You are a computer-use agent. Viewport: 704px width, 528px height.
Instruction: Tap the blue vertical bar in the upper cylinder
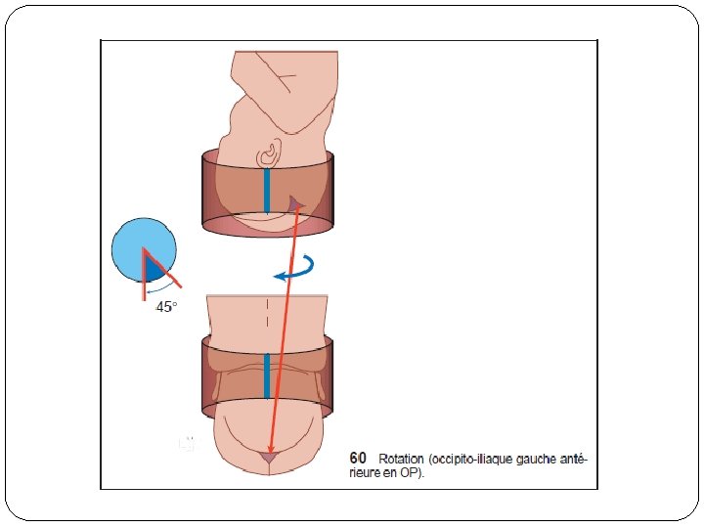267,191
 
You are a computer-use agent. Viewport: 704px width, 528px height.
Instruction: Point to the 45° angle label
167,307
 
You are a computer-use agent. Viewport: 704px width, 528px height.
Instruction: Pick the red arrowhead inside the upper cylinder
294,203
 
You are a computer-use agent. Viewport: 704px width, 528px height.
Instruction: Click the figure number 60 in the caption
358,459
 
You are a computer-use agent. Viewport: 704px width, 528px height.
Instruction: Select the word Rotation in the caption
400,459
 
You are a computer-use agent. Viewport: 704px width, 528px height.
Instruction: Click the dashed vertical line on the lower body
267,314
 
